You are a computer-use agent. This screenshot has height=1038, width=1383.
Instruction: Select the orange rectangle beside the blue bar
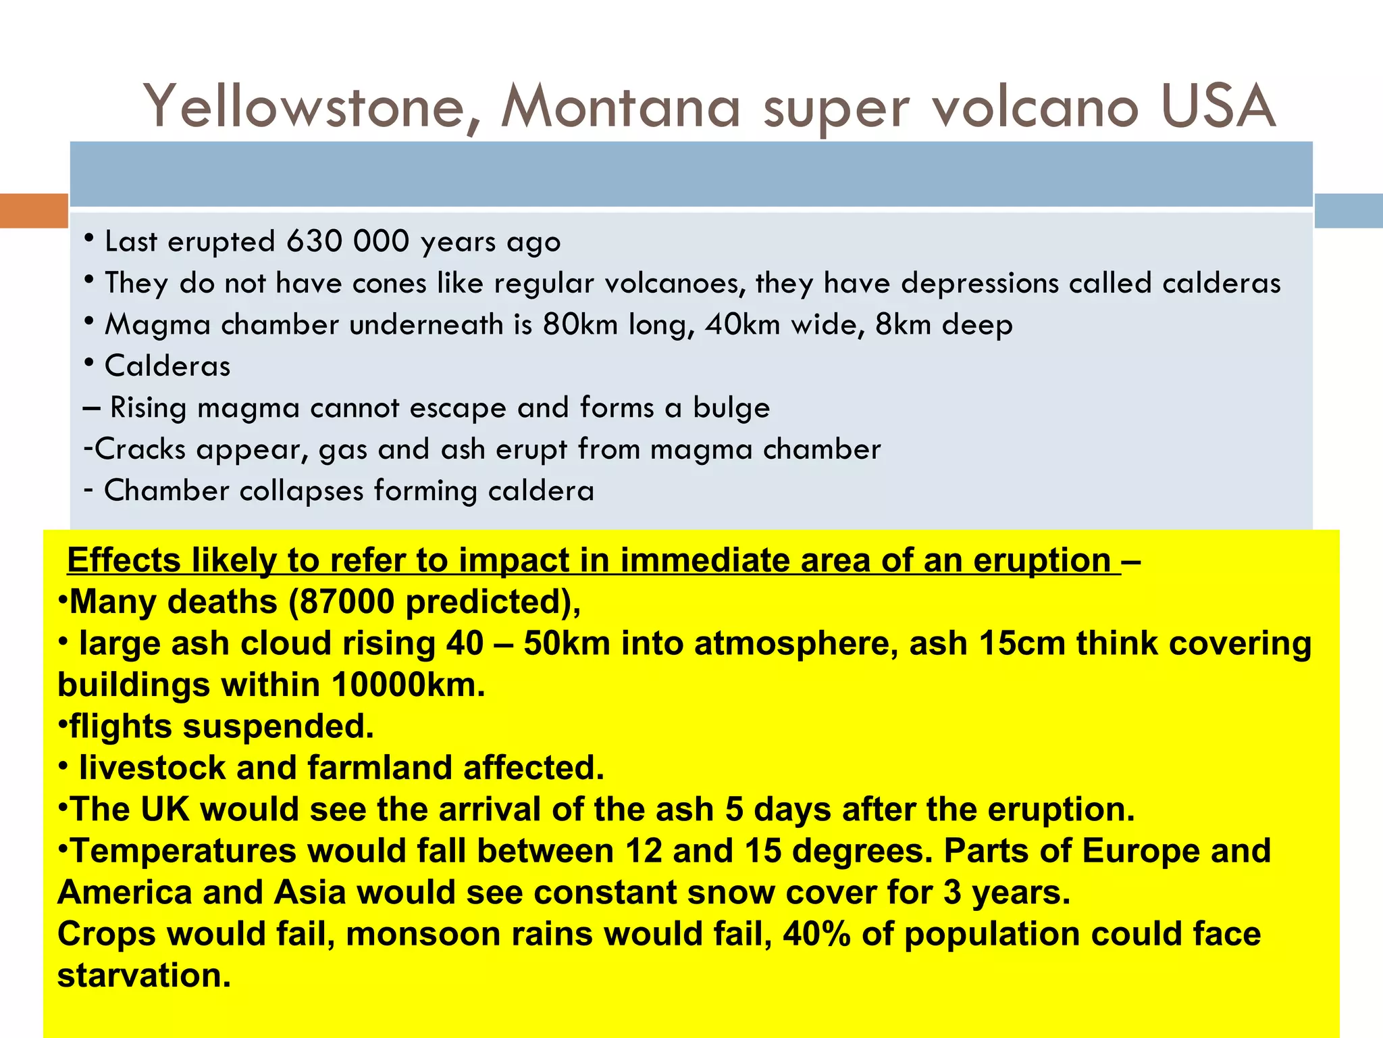(34, 211)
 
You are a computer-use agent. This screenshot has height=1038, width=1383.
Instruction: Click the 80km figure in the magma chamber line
(580, 325)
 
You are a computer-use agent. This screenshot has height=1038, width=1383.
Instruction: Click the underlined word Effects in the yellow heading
(124, 560)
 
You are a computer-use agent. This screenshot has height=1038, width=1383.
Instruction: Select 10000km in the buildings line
(408, 685)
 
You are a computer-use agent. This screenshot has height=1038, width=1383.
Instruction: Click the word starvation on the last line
(144, 976)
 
